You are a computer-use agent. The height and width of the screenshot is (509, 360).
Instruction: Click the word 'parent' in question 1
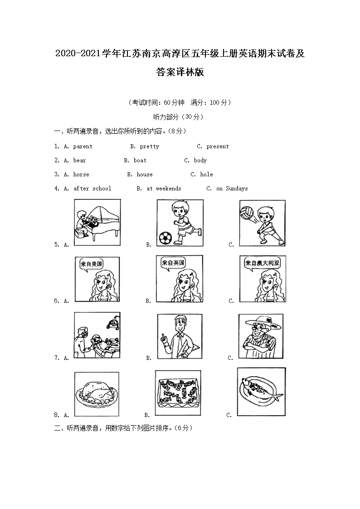[83, 146]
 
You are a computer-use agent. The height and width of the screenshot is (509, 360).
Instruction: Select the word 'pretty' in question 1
[149, 146]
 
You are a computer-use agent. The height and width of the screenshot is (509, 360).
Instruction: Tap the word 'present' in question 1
[217, 146]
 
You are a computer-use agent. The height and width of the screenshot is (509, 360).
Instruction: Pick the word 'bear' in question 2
[79, 160]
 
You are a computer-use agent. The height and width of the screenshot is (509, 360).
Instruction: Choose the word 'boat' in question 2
[140, 160]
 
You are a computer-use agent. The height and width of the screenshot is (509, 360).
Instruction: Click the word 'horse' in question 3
[81, 175]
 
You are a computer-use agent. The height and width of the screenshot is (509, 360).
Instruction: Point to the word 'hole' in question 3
[206, 175]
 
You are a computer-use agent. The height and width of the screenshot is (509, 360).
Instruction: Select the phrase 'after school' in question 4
[92, 189]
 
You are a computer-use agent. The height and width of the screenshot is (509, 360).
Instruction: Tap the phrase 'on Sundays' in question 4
[232, 189]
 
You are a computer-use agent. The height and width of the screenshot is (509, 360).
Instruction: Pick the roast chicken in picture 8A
[97, 392]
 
